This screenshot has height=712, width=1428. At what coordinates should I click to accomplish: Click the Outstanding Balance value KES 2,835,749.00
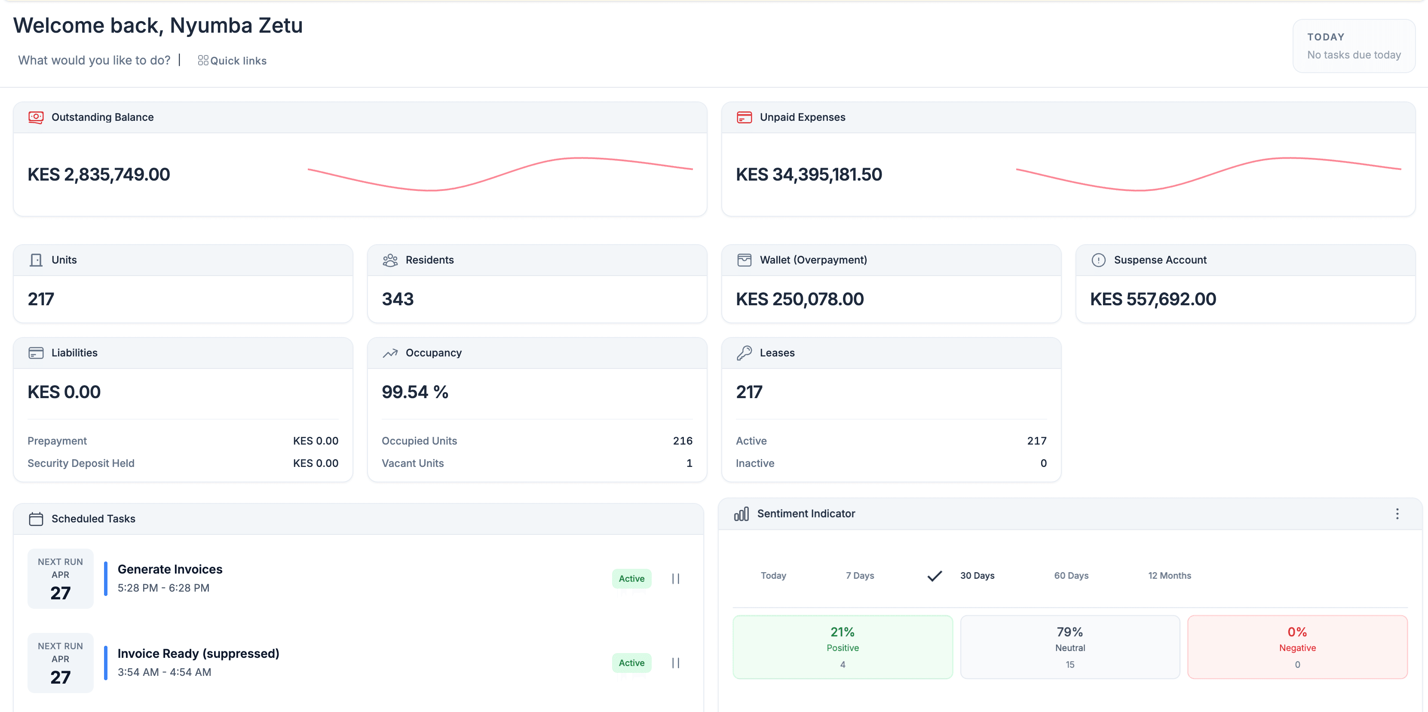[99, 174]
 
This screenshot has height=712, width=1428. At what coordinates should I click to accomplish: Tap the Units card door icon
[36, 260]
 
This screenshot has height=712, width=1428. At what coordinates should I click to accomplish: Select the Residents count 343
[398, 299]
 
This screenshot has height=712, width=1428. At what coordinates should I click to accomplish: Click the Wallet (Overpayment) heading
[813, 260]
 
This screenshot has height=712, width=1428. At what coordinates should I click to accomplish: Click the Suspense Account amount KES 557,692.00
[1152, 299]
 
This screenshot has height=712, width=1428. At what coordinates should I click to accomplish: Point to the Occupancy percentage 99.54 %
[415, 392]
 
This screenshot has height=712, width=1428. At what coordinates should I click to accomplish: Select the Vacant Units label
[412, 463]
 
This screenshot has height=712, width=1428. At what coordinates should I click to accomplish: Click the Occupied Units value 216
[682, 441]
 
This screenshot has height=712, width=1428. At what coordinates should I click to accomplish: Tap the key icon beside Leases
[744, 353]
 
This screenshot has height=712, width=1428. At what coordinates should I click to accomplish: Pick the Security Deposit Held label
[81, 463]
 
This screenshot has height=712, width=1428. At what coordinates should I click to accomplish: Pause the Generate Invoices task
[675, 578]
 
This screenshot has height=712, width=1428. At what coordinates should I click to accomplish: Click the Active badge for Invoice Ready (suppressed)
[631, 663]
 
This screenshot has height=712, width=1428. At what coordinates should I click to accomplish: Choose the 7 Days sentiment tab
[859, 576]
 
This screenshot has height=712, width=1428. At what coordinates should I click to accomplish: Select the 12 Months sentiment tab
[1169, 576]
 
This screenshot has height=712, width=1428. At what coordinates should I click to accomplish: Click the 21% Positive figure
[842, 632]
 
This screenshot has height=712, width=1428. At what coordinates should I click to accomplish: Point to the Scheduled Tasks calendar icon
[36, 519]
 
